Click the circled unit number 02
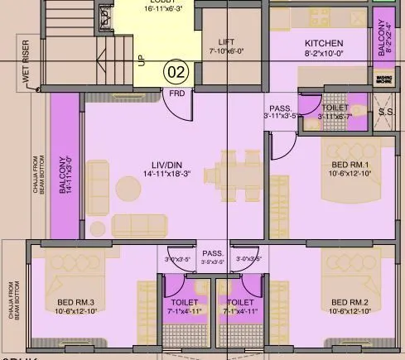pyautogui.click(x=176, y=70)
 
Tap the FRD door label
pyautogui.click(x=177, y=93)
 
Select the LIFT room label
pyautogui.click(x=227, y=41)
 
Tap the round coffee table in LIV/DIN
pyautogui.click(x=128, y=185)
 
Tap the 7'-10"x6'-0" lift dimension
pyautogui.click(x=227, y=51)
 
